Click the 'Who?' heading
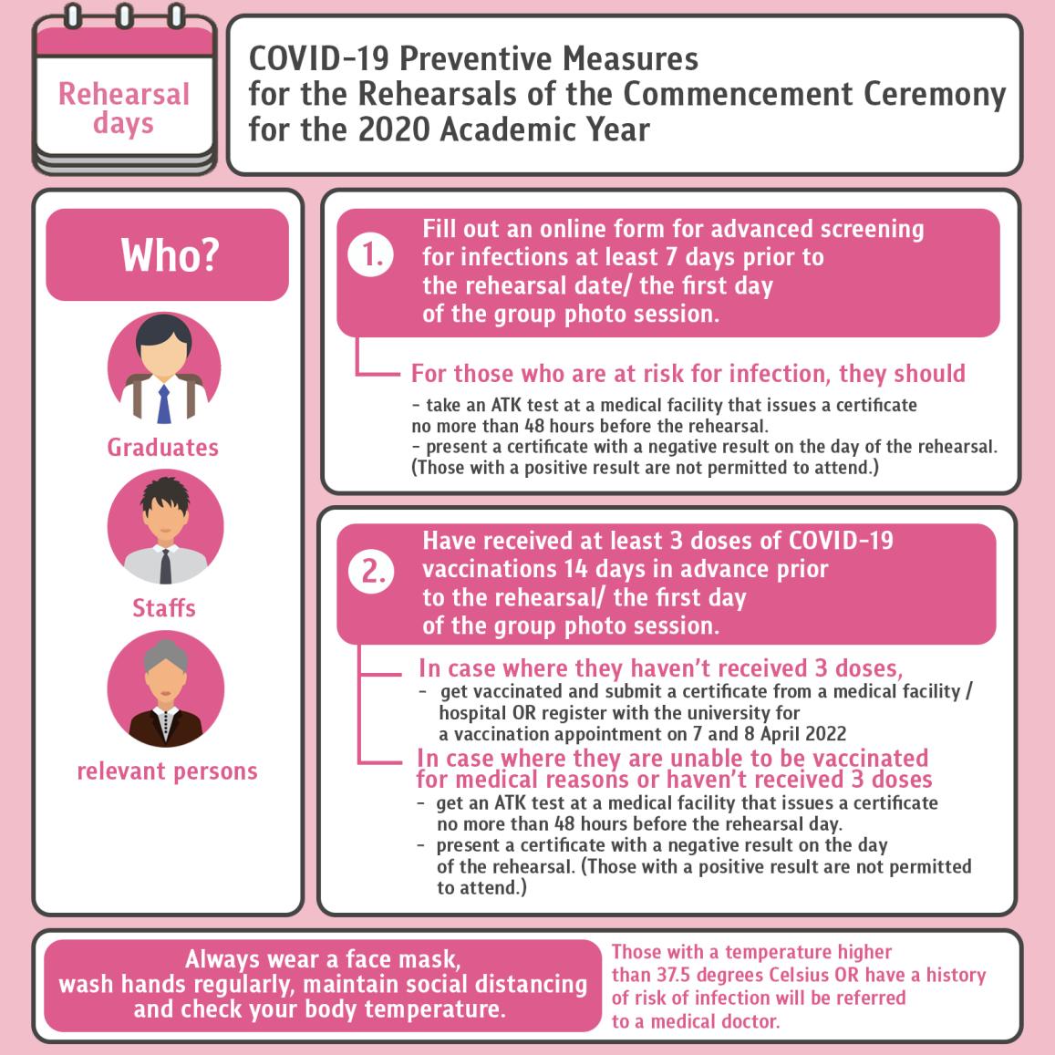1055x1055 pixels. pos(170,255)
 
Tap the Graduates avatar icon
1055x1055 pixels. pos(164,368)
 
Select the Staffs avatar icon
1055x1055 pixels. pos(166,527)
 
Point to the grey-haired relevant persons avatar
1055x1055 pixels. pos(166,689)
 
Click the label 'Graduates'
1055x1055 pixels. pos(163,448)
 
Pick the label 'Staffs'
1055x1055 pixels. pos(164,608)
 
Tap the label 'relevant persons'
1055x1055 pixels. pos(168,771)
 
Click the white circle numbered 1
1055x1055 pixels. pos(371,255)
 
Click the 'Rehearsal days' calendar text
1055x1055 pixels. pos(124,109)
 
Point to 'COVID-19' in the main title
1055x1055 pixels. pos(319,58)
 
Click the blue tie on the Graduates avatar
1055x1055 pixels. pos(164,404)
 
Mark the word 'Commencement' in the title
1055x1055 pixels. pos(738,94)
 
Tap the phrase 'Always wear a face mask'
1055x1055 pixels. pos(323,958)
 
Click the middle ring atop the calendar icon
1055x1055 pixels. pos(124,16)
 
